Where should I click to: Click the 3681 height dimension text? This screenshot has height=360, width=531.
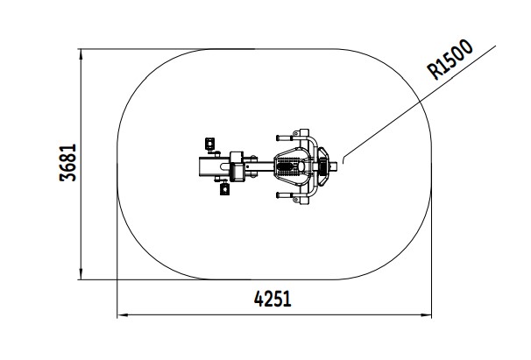(x=67, y=163)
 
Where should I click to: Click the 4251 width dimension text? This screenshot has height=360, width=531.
(x=273, y=299)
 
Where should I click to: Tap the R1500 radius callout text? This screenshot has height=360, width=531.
(x=450, y=60)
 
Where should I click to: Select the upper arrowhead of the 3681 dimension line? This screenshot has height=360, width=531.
(x=81, y=55)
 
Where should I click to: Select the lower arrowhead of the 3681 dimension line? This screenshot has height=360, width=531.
(x=81, y=274)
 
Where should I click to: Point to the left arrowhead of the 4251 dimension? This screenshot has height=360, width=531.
(x=123, y=315)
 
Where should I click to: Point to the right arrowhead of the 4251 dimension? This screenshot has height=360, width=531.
(x=426, y=315)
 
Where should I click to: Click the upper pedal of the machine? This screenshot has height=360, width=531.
(x=210, y=144)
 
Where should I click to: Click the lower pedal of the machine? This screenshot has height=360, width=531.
(x=225, y=188)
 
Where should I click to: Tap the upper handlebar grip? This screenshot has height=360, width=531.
(x=285, y=138)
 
